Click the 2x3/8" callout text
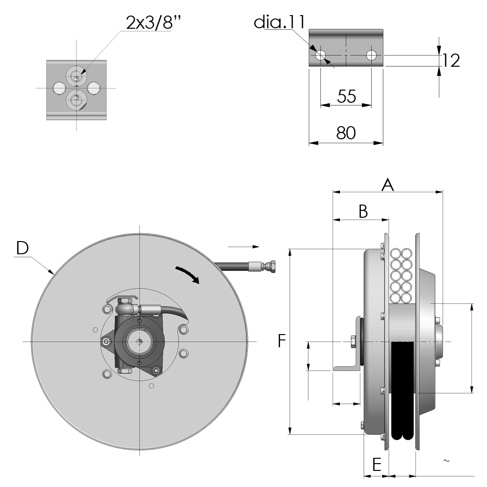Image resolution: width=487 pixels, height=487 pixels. click(154, 22)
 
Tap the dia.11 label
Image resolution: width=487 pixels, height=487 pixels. click(280, 22)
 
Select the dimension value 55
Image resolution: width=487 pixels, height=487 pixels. click(346, 96)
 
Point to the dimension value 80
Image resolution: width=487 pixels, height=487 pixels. click(346, 133)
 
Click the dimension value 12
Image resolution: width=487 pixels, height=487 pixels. click(451, 60)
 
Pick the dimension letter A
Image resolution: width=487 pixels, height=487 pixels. click(388, 185)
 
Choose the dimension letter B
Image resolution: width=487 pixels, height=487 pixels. click(363, 211)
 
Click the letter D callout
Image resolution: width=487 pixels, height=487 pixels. click(22, 248)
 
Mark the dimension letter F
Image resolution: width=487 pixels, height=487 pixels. click(281, 341)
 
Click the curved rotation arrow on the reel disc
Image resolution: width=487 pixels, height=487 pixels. click(188, 274)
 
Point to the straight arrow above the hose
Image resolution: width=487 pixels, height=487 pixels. click(243, 246)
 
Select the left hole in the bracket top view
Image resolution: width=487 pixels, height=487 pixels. click(320, 56)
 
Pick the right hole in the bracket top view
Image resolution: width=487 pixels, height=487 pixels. click(371, 56)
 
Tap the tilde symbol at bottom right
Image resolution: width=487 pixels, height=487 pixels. click(446, 461)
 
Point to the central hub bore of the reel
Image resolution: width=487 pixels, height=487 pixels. click(139, 341)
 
